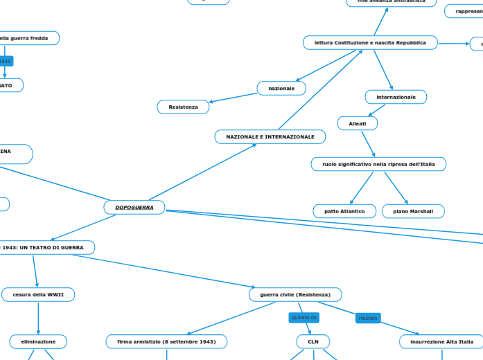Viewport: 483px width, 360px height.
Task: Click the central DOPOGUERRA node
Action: point(134,207)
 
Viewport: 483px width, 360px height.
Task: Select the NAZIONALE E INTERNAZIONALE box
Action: point(270,137)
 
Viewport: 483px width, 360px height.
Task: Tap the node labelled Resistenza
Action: point(183,107)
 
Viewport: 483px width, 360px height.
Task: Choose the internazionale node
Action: point(396,97)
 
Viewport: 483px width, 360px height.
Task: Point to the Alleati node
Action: point(358,123)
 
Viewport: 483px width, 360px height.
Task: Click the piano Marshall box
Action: point(413,210)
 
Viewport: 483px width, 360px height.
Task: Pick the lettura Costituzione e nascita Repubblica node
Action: point(370,43)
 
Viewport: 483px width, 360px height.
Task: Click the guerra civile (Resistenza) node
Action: point(295,295)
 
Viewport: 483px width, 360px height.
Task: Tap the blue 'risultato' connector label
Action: point(368,318)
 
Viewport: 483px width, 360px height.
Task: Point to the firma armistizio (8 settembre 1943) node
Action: point(166,341)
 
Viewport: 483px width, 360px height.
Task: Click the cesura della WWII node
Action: point(38,295)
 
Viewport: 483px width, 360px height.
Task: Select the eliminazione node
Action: point(38,341)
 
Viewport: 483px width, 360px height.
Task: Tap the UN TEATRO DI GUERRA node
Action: point(44,247)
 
